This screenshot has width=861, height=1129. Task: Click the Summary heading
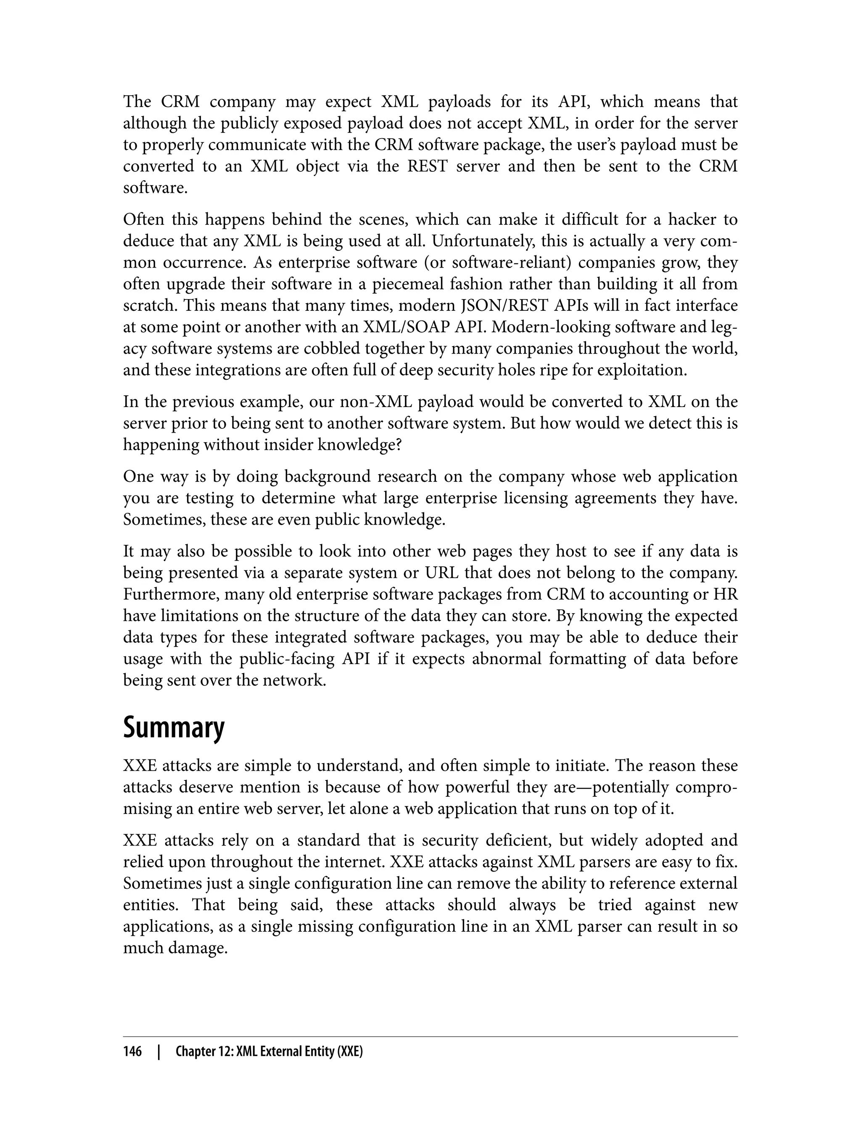(174, 728)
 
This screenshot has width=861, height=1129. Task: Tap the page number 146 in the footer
(132, 1052)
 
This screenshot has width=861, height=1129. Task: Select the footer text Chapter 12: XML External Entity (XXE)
(269, 1052)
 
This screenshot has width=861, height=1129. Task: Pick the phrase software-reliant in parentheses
(503, 262)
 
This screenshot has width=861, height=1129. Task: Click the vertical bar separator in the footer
(159, 1052)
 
